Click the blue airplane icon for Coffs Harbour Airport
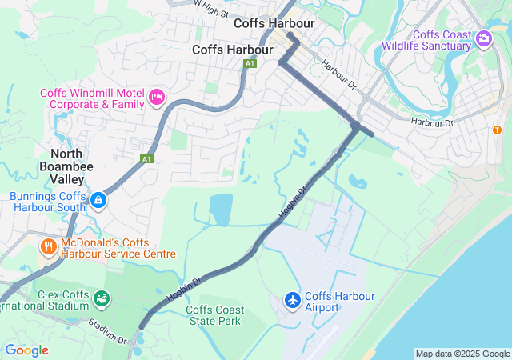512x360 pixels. pos(294,300)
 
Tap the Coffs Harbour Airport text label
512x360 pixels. pos(340,302)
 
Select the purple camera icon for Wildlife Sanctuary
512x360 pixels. pos(483,38)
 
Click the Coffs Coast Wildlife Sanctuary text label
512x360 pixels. pos(442,40)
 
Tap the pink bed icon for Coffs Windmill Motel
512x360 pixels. pos(157,98)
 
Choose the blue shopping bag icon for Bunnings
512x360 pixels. pos(98,199)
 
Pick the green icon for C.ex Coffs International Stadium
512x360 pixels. pos(102,298)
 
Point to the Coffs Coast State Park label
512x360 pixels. pos(214,315)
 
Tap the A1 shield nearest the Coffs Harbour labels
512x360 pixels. pos(250,63)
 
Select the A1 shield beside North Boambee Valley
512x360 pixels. pos(146,159)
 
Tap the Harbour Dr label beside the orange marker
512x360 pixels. pos(432,122)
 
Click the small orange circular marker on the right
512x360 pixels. pos(497,130)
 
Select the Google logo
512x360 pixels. pos(26,350)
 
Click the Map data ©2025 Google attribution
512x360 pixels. pos(462,354)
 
